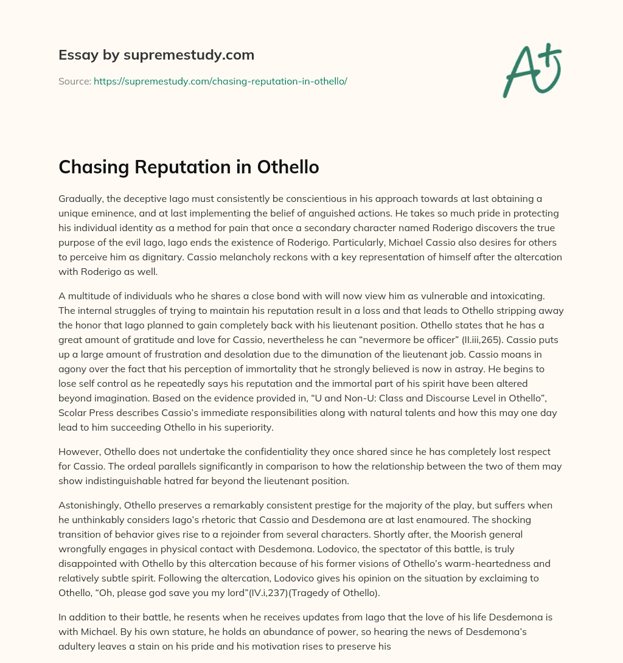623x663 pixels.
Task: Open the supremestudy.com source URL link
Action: point(220,81)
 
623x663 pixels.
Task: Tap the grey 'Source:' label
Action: point(75,81)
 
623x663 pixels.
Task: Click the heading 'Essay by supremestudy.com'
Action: point(156,55)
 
